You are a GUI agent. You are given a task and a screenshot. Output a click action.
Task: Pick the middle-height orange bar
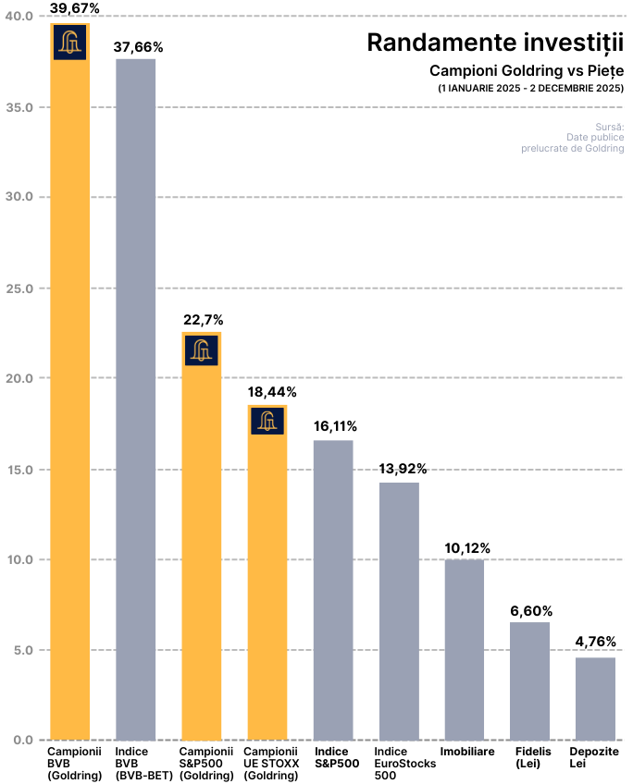pos(202,545)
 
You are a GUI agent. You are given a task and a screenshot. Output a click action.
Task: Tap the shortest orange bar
pos(267,582)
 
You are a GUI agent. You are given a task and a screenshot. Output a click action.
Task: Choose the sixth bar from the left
pos(399,611)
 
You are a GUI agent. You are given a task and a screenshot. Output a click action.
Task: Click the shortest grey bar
pos(595,699)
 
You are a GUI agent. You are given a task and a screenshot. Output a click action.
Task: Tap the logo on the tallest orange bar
pos(70,43)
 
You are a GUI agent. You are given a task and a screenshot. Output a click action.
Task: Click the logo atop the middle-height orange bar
pos(202,350)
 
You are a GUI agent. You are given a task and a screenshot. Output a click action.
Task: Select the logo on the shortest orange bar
pos(267,422)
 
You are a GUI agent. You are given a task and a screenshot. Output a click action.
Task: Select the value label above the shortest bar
pos(595,643)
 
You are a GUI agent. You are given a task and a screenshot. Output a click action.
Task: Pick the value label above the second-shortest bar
pos(530,612)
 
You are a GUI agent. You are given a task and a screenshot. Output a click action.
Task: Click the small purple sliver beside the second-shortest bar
pos(553,635)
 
